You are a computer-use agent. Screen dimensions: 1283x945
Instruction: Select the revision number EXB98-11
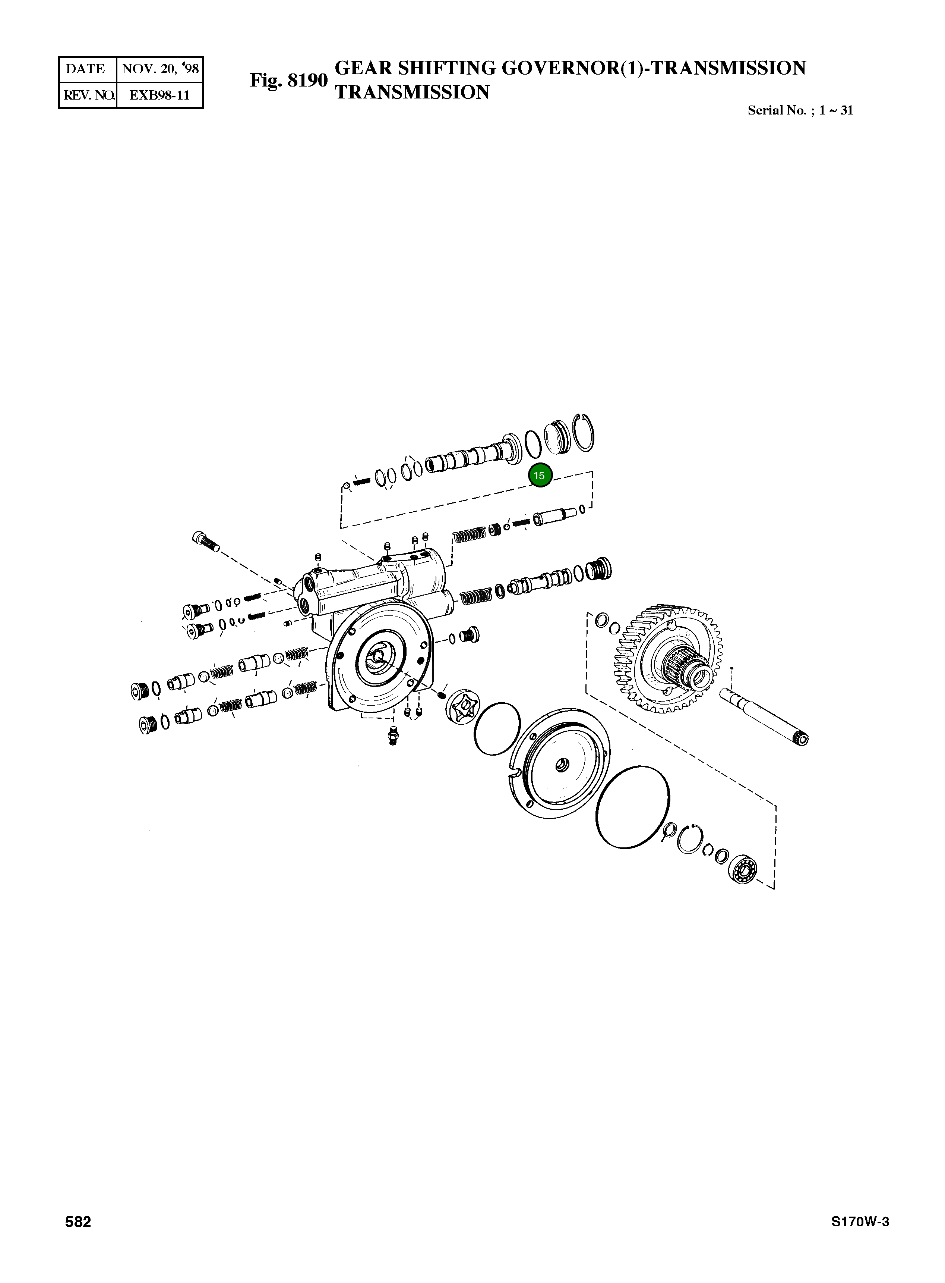point(159,95)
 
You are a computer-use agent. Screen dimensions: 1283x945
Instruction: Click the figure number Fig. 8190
point(288,80)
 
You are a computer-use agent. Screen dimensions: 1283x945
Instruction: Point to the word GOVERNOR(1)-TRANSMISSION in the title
point(653,68)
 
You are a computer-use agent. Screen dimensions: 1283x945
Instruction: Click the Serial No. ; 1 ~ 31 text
point(800,110)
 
